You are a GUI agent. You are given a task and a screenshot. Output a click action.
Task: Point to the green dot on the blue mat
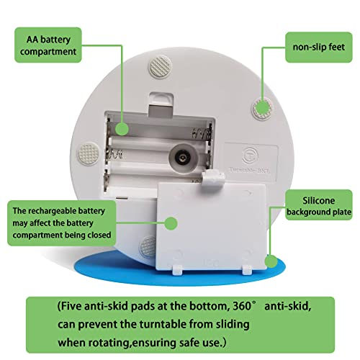(271, 261)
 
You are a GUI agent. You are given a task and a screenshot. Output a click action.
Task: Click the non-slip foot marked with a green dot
(264, 107)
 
